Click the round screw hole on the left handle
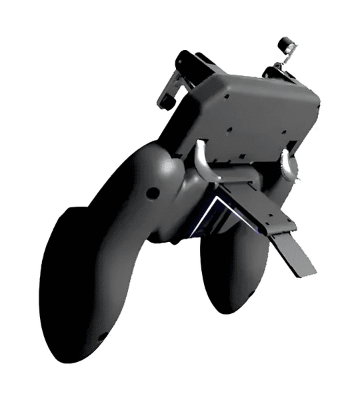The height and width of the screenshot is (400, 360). tap(153, 193)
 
